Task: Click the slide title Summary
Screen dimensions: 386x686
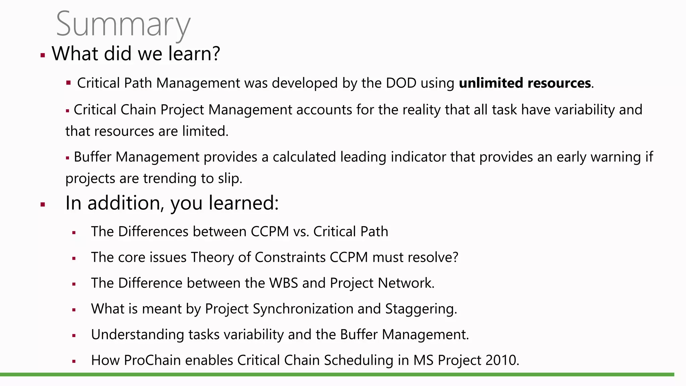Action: point(123,24)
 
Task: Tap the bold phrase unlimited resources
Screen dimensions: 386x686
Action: point(525,83)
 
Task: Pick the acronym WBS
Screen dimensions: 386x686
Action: point(283,283)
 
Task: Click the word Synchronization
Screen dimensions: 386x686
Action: point(303,309)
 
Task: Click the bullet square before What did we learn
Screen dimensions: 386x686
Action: point(43,55)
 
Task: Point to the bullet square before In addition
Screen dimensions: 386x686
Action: point(43,204)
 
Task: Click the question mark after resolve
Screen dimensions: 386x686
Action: point(455,257)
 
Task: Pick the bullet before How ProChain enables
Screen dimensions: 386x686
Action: point(74,362)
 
